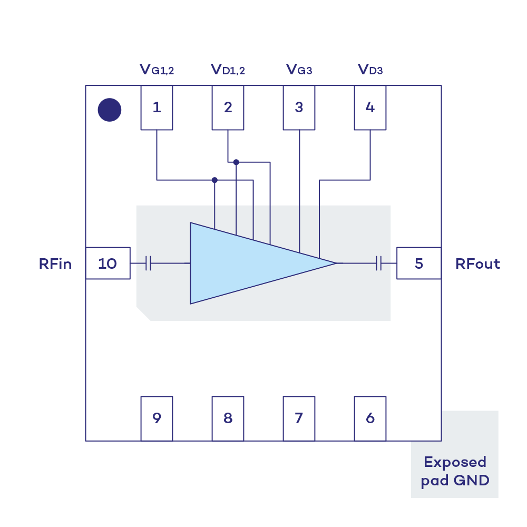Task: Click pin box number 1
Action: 157,108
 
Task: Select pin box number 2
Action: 228,108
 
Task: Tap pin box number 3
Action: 299,108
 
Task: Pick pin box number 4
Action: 370,108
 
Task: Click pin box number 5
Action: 418,263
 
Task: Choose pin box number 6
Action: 370,418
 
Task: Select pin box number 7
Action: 299,418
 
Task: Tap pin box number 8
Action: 228,418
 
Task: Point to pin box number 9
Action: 157,418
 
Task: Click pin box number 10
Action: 108,263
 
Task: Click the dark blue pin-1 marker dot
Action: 110,110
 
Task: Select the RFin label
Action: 55,263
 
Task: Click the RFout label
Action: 477,263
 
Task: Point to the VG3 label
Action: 299,70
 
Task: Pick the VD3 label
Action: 370,70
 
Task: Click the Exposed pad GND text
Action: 455,471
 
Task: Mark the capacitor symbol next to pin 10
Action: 149,263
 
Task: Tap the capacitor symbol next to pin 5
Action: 379,263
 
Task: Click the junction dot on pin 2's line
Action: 236,162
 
